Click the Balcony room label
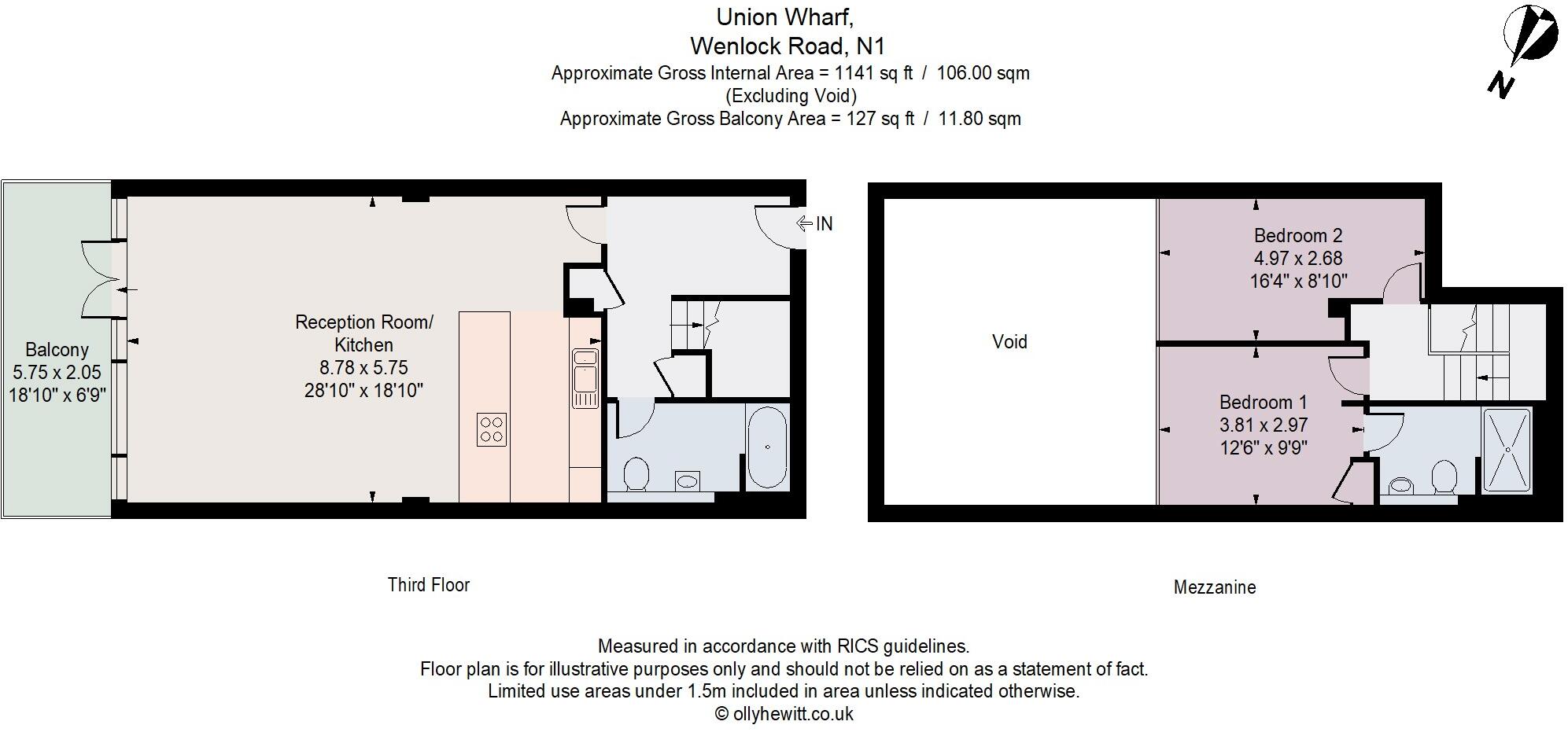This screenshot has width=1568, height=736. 57,350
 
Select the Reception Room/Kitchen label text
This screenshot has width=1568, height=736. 363,333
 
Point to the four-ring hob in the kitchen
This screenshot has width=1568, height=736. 492,429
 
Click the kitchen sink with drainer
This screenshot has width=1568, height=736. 585,378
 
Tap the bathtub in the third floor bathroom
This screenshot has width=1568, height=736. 766,447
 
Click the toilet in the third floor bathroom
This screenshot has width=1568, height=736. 636,474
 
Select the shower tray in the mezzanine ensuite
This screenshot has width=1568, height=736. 1507,450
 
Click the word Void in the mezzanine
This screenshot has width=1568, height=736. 1009,342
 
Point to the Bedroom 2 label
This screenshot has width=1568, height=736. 1297,235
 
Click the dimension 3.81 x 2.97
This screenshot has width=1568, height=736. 1263,425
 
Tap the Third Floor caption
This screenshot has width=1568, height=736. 428,585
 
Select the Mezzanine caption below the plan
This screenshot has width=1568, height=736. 1214,587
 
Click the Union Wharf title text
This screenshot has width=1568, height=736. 784,17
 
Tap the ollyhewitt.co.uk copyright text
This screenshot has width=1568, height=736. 784,714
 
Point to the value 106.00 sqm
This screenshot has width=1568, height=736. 983,73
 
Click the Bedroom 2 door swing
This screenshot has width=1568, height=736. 1403,284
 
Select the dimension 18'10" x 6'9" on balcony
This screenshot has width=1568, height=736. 57,395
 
